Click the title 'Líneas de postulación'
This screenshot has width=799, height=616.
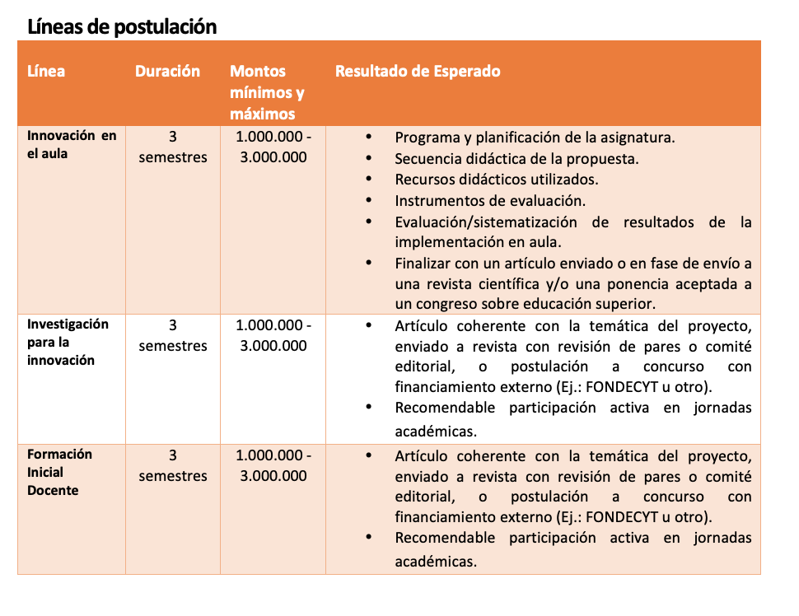click(x=122, y=26)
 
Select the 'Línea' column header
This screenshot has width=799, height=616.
click(x=46, y=71)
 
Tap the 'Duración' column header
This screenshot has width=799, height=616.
click(x=167, y=71)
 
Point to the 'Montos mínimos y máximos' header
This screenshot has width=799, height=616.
click(x=267, y=92)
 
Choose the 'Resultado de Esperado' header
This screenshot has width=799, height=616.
click(x=417, y=71)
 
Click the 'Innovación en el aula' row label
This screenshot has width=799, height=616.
click(x=72, y=145)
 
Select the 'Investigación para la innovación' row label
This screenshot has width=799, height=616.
click(x=68, y=342)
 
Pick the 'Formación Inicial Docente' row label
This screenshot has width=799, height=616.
click(x=59, y=472)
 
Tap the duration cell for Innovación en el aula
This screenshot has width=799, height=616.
click(x=173, y=147)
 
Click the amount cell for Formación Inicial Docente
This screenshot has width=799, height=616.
click(x=273, y=465)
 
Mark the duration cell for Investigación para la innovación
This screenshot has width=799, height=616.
click(x=173, y=335)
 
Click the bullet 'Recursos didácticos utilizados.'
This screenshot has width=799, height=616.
click(x=496, y=179)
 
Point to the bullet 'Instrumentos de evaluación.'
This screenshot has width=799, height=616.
click(x=490, y=200)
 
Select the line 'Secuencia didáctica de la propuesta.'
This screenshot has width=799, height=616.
click(x=516, y=158)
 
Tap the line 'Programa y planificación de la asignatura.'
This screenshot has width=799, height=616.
click(x=535, y=138)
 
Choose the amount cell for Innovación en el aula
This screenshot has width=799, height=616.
click(x=273, y=147)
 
